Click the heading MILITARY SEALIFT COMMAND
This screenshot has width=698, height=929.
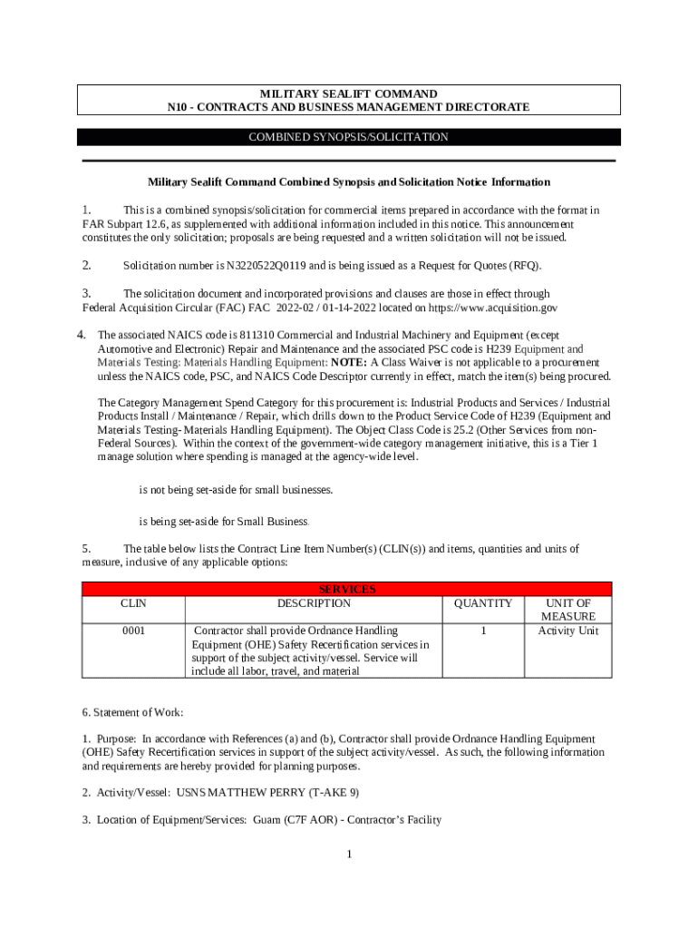coord(349,93)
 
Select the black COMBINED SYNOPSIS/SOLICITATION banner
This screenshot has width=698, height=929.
coord(349,137)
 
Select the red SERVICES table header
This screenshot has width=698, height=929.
coord(349,589)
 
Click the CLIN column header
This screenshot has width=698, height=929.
coord(132,603)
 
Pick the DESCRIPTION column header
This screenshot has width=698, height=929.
coord(314,603)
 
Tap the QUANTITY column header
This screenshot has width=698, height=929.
coord(483,603)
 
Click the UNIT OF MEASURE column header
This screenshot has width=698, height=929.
coord(567,610)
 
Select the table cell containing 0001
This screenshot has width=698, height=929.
coord(132,631)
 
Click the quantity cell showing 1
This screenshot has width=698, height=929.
coord(483,631)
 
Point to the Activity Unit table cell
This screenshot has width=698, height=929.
coord(567,631)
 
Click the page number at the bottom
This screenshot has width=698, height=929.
coord(348,855)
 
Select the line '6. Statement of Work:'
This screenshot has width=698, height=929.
coord(132,713)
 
